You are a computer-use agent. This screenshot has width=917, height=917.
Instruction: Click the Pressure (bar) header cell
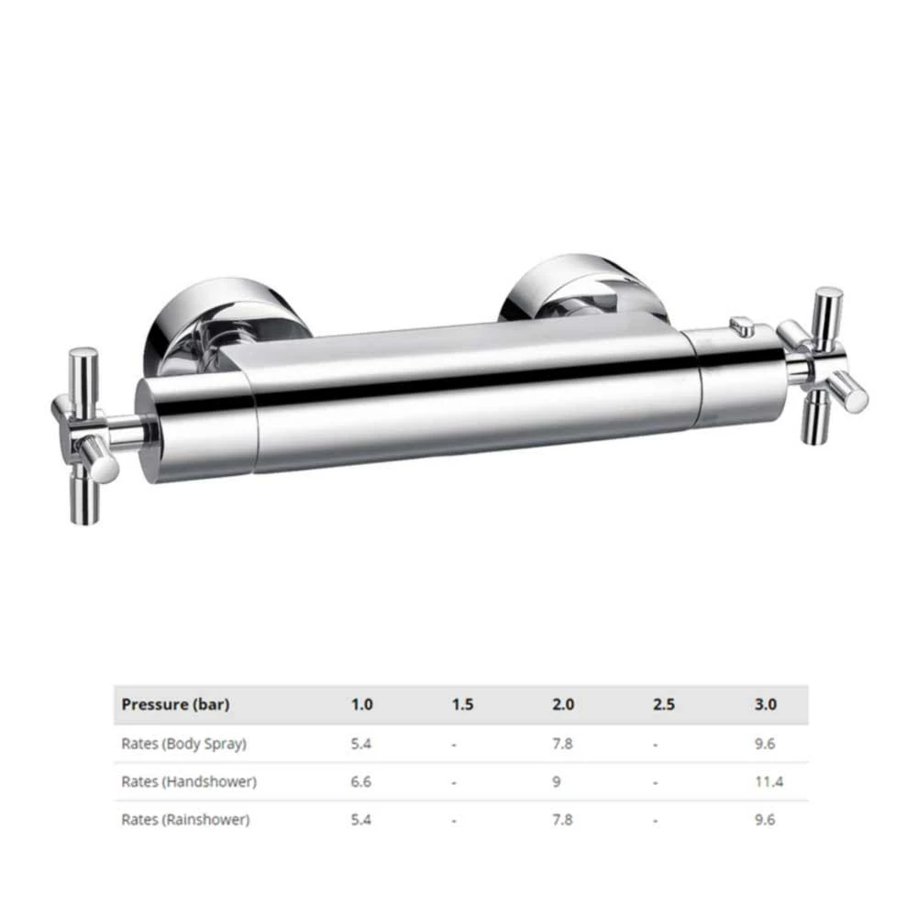[x=175, y=705]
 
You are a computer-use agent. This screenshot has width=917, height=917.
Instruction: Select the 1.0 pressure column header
[x=361, y=705]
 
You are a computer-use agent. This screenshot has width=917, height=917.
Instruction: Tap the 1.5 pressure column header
[x=462, y=705]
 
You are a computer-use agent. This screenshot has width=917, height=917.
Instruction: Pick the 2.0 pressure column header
[x=563, y=705]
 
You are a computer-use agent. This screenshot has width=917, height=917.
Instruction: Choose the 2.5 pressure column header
[x=664, y=705]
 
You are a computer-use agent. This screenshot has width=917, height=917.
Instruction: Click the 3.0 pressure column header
[x=765, y=705]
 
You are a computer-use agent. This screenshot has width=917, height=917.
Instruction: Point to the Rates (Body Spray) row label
[x=183, y=744]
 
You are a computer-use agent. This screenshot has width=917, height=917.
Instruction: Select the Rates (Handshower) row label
[x=188, y=782]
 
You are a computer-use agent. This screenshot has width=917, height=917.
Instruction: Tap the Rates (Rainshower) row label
[x=184, y=820]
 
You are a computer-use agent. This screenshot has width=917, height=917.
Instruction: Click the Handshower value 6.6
[x=361, y=782]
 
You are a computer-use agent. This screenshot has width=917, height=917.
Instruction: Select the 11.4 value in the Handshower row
[x=768, y=782]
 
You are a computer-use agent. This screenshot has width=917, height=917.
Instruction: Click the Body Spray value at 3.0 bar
[x=765, y=744]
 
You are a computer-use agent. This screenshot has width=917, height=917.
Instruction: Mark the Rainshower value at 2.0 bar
[x=563, y=820]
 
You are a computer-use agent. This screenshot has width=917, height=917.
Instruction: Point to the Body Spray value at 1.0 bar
[x=361, y=744]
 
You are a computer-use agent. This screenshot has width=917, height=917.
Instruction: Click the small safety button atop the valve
[x=742, y=326]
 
